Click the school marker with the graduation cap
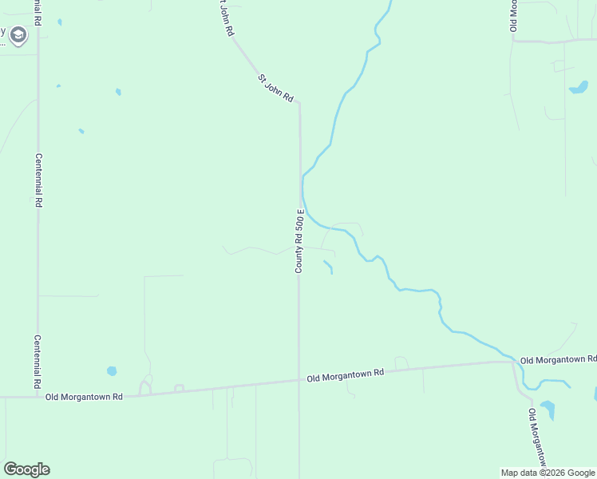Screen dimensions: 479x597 point(18,35)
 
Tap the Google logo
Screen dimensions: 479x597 point(26,469)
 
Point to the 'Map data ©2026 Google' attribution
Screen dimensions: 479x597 point(548,473)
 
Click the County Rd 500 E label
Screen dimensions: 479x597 point(299,241)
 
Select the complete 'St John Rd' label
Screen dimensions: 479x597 point(275,89)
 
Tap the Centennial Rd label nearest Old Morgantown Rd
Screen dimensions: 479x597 point(38,361)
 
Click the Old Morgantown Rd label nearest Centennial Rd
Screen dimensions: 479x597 point(84,397)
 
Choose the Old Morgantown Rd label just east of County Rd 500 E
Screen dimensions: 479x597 point(346,374)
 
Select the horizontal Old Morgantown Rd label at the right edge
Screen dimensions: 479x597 point(558,361)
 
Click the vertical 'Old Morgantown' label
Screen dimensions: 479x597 point(537,438)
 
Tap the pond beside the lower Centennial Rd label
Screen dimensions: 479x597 point(112,371)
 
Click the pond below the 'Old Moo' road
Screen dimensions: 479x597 point(579,87)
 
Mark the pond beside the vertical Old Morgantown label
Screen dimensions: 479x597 point(548,410)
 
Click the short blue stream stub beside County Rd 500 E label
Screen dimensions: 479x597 point(328,267)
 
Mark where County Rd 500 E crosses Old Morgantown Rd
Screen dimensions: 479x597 point(299,381)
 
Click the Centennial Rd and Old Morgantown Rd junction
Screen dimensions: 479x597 point(38,396)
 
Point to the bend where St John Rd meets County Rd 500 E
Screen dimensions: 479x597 point(298,103)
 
